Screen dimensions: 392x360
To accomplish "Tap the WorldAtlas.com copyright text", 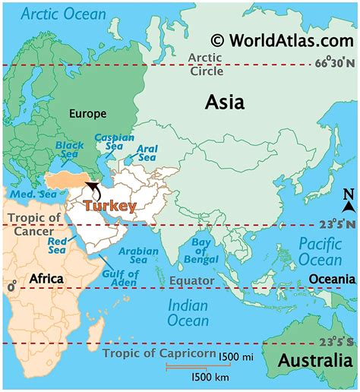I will pos(283,40).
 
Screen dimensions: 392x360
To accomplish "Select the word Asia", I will pos(224,103).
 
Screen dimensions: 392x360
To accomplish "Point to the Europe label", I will pos(88,114).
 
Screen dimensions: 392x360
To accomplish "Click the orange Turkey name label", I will pos(110,206).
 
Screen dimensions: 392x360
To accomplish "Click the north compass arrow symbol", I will pos(348,203).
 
